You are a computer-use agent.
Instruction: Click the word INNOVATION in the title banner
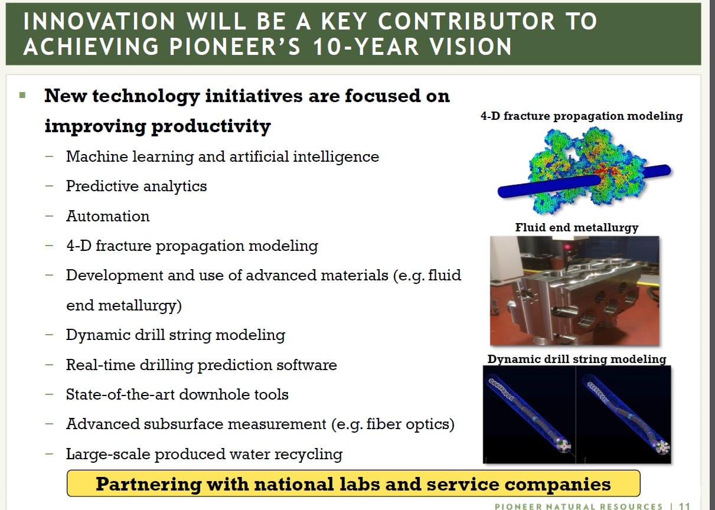click(x=99, y=21)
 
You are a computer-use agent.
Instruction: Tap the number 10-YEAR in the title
click(x=365, y=47)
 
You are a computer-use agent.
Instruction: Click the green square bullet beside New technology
click(x=22, y=95)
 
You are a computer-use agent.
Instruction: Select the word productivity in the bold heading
click(x=211, y=126)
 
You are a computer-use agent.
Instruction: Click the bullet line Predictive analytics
click(x=136, y=186)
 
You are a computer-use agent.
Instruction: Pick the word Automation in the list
click(x=108, y=216)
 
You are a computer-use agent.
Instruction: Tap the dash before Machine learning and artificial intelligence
click(x=49, y=156)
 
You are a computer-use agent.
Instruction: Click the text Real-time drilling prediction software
click(x=201, y=365)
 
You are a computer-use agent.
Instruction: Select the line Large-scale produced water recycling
click(x=204, y=454)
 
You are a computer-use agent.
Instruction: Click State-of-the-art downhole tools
click(x=177, y=394)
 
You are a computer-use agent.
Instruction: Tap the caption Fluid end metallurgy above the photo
click(x=577, y=228)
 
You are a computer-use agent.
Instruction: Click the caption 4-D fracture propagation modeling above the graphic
click(x=582, y=116)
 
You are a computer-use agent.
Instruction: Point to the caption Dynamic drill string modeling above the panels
click(x=577, y=359)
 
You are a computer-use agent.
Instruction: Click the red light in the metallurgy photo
click(x=567, y=247)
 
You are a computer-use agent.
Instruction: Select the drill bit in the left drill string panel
click(x=564, y=446)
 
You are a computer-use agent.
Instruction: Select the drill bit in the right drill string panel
click(x=663, y=447)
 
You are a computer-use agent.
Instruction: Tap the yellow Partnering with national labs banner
click(x=353, y=483)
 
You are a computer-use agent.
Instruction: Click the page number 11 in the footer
click(x=685, y=506)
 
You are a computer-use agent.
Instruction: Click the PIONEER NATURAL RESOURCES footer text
click(x=579, y=506)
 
